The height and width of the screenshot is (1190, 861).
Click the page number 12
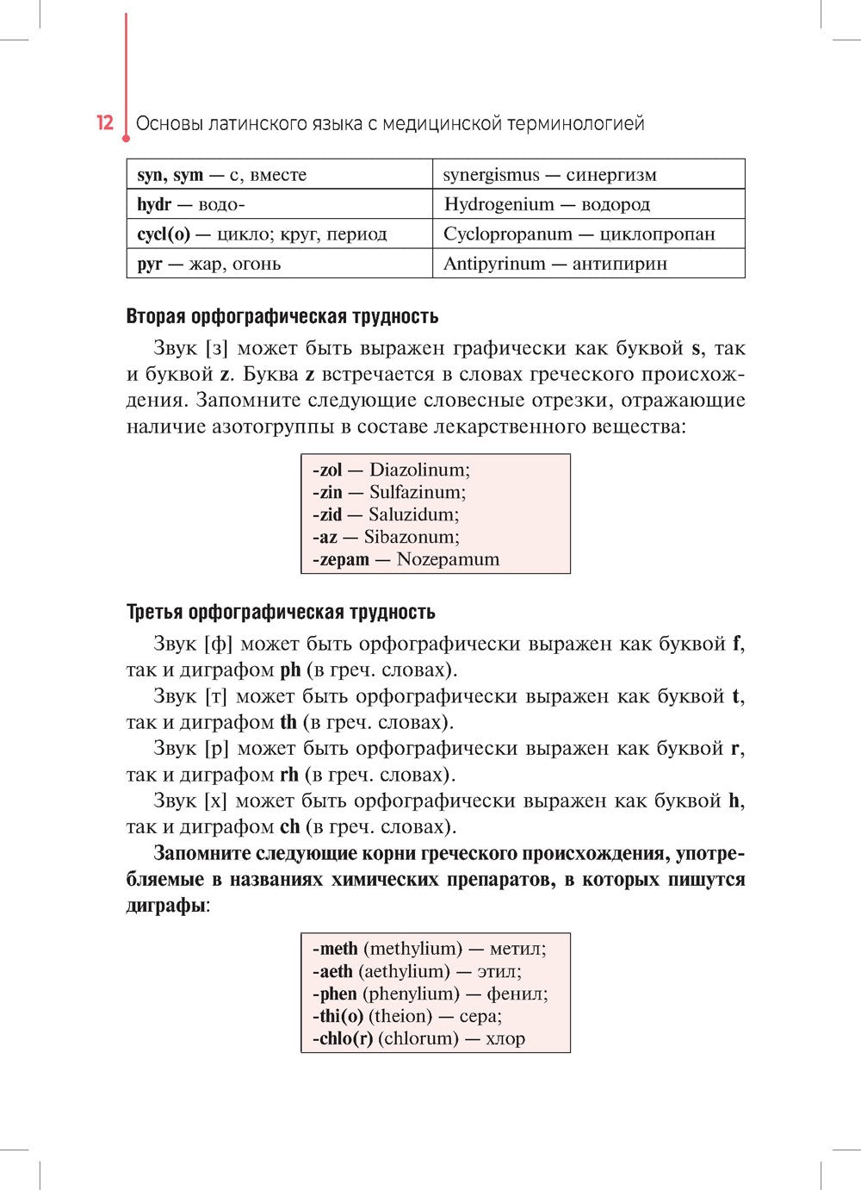click(104, 122)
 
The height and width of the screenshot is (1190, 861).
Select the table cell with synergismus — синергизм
click(588, 175)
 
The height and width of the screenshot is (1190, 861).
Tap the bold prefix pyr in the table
click(149, 264)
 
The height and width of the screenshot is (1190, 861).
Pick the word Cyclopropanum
click(507, 234)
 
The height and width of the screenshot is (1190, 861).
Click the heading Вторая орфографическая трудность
click(282, 316)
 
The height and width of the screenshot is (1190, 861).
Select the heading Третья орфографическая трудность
click(281, 612)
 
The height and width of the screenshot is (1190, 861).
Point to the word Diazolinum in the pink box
click(419, 470)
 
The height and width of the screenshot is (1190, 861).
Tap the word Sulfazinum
click(417, 492)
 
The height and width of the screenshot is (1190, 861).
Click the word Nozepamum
click(448, 559)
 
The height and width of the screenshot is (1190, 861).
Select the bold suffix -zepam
click(340, 559)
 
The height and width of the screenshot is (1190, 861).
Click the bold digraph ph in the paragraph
click(290, 670)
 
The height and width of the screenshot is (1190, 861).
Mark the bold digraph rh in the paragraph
click(289, 774)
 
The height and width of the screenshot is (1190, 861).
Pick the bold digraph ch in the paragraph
click(289, 826)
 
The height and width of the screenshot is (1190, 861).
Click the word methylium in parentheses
click(412, 949)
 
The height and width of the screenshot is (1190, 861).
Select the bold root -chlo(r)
click(342, 1038)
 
